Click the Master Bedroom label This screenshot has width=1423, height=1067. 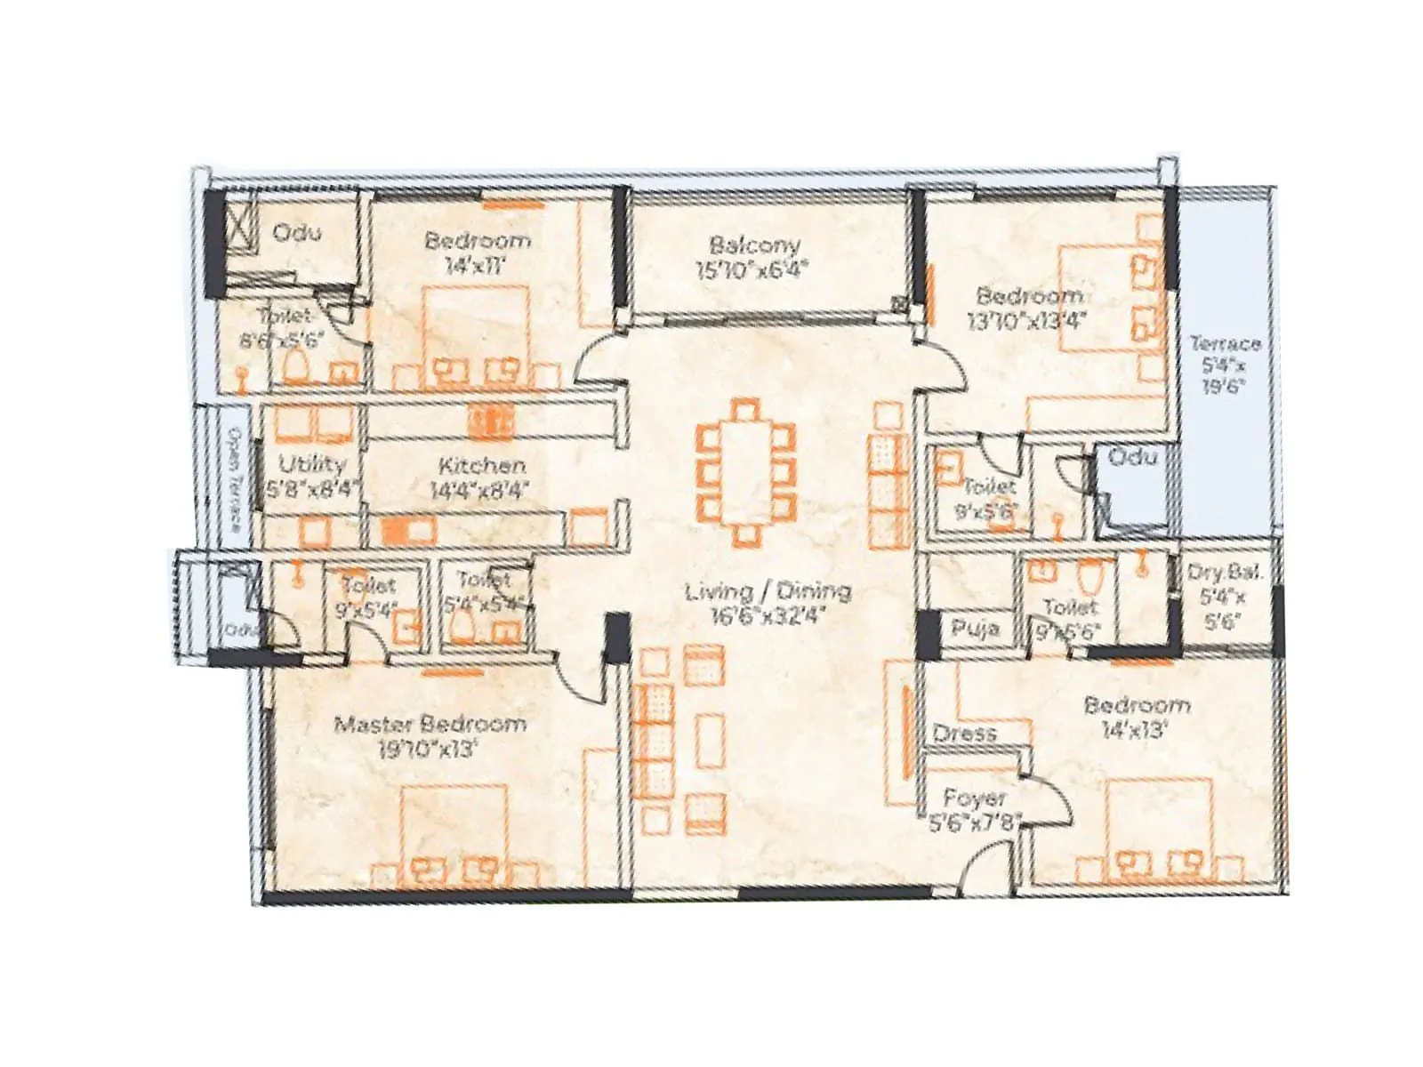click(430, 735)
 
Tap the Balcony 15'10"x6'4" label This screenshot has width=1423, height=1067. click(754, 256)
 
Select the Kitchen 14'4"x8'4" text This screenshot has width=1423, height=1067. click(480, 477)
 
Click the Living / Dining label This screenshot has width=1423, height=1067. click(768, 603)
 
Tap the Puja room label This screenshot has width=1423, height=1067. click(976, 630)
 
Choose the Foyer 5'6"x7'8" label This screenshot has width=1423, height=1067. click(975, 810)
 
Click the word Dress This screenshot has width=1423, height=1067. click(964, 734)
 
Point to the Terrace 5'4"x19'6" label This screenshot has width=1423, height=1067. click(1225, 364)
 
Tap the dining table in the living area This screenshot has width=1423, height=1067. click(745, 471)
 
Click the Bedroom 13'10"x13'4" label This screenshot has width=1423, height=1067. click(1030, 308)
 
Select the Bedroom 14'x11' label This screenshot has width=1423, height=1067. click(477, 252)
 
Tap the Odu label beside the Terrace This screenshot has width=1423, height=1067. click(1134, 457)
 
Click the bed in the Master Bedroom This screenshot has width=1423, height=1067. click(454, 836)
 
